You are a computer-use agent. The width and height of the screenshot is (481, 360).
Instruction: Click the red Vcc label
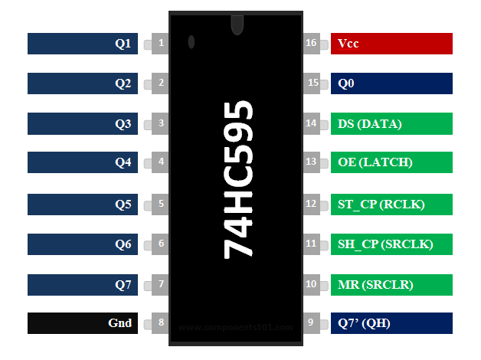pyautogui.click(x=391, y=44)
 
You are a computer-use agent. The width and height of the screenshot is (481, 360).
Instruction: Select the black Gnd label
pyautogui.click(x=83, y=323)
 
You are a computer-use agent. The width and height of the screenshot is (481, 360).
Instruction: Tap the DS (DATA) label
pyautogui.click(x=391, y=123)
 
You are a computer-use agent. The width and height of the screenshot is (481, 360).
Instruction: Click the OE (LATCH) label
pyautogui.click(x=391, y=162)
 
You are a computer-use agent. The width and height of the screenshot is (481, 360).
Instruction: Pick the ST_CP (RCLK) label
pyautogui.click(x=391, y=205)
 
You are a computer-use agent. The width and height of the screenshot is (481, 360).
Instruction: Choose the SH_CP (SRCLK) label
pyautogui.click(x=391, y=244)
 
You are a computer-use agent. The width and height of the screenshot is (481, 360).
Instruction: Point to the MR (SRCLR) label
pyautogui.click(x=391, y=285)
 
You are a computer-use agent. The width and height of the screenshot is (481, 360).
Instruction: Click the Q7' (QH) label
pyautogui.click(x=391, y=323)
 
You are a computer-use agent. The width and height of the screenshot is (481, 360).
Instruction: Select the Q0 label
pyautogui.click(x=391, y=83)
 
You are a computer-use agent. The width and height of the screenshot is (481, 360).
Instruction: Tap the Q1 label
pyautogui.click(x=83, y=44)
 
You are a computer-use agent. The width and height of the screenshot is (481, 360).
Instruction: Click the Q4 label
pyautogui.click(x=83, y=162)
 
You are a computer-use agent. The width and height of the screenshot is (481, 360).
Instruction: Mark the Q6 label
pyautogui.click(x=83, y=244)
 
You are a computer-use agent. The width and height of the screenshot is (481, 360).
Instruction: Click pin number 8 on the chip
pyautogui.click(x=161, y=322)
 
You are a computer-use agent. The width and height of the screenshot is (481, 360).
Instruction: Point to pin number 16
pyautogui.click(x=311, y=43)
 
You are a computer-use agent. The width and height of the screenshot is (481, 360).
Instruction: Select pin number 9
pyautogui.click(x=311, y=322)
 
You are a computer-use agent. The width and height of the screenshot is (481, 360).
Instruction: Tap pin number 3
pyautogui.click(x=161, y=123)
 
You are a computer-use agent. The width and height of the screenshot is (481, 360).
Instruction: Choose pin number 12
pyautogui.click(x=311, y=204)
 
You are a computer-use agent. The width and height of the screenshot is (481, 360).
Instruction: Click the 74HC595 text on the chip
pyautogui.click(x=238, y=180)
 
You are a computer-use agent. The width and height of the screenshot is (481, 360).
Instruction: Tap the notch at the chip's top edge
pyautogui.click(x=237, y=25)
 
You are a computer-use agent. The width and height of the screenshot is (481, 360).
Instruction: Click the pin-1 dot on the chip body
pyautogui.click(x=191, y=42)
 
